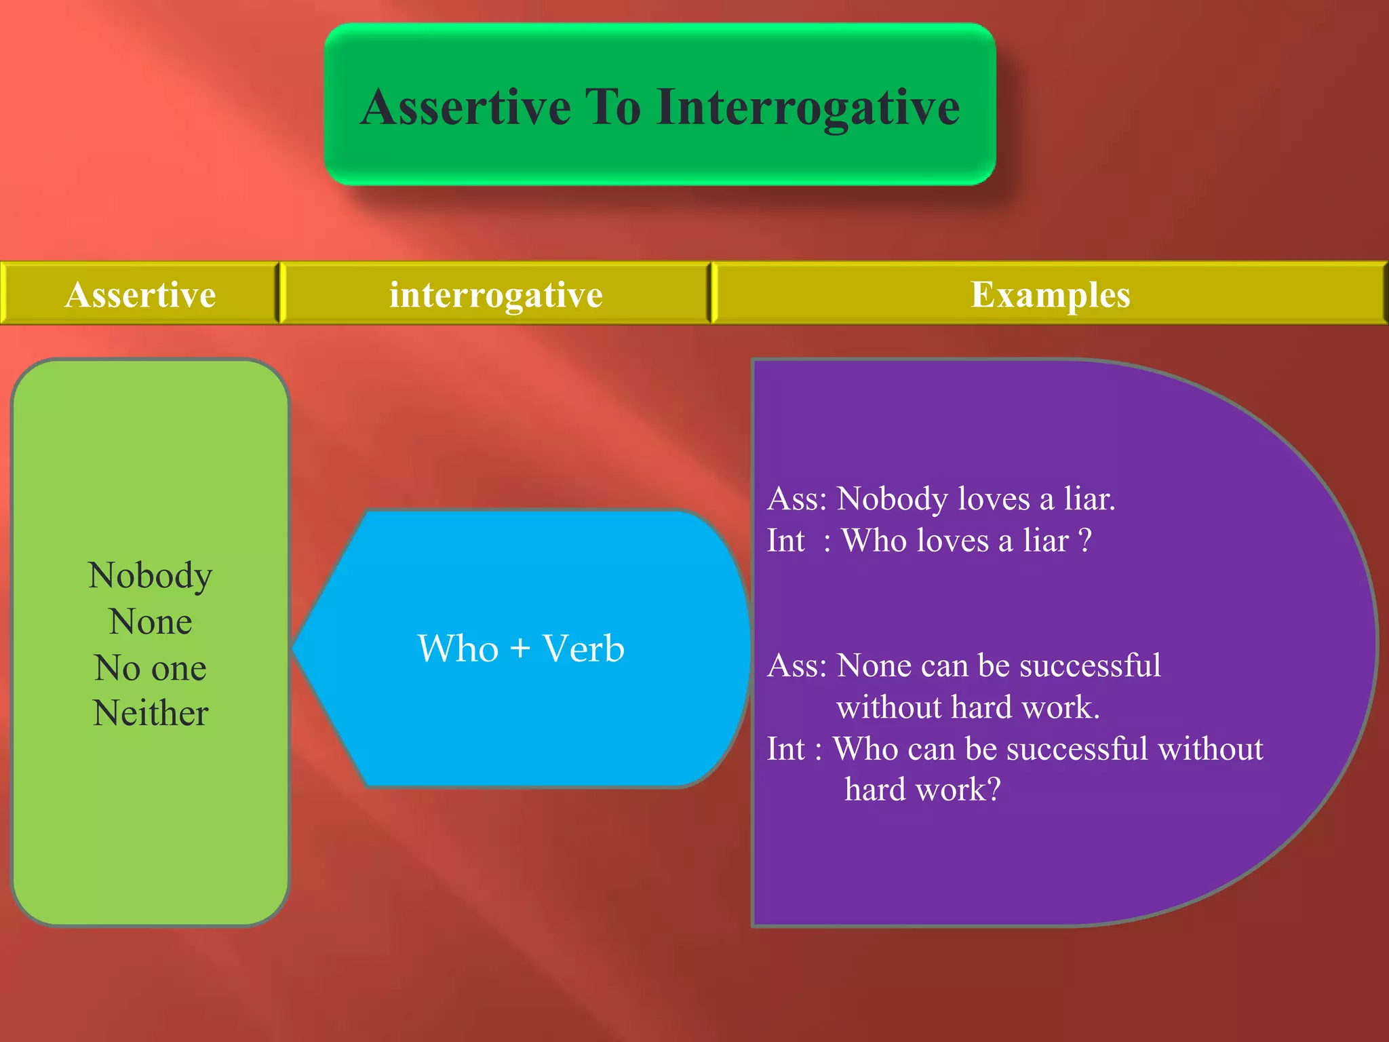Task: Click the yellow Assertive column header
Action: (x=140, y=294)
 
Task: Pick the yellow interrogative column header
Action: (x=496, y=294)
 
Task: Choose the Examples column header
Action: (x=1050, y=294)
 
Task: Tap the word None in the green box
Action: (x=151, y=621)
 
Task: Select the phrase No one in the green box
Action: (x=151, y=668)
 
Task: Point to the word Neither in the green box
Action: (x=151, y=713)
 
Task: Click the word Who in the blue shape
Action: (x=458, y=648)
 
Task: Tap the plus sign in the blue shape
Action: (x=520, y=648)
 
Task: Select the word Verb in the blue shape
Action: (x=583, y=648)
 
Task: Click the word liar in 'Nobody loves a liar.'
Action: (x=1089, y=499)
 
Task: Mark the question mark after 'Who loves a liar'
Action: (x=1085, y=541)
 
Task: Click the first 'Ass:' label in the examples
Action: (x=797, y=499)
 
